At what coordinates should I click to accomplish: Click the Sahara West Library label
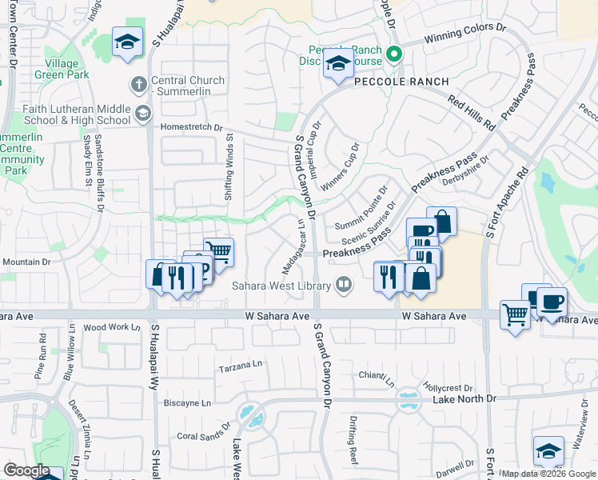click(x=281, y=286)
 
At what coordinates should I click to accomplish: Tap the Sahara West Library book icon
click(x=343, y=284)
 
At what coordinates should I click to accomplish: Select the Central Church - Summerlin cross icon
click(x=138, y=83)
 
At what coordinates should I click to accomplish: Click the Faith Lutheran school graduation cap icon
click(x=143, y=113)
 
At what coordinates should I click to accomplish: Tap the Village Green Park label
click(x=57, y=69)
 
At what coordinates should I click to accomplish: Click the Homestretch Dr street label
click(x=190, y=126)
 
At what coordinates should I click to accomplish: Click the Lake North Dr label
click(x=464, y=398)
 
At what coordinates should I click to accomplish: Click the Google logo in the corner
click(x=26, y=470)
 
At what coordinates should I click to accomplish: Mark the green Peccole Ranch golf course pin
click(x=393, y=54)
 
